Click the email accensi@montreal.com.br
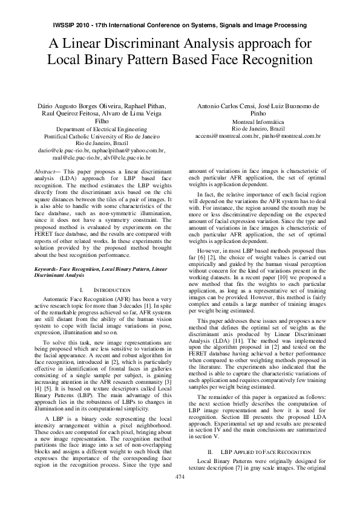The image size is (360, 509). [x=226, y=137]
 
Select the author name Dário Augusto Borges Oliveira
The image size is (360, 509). [x=80, y=106]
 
